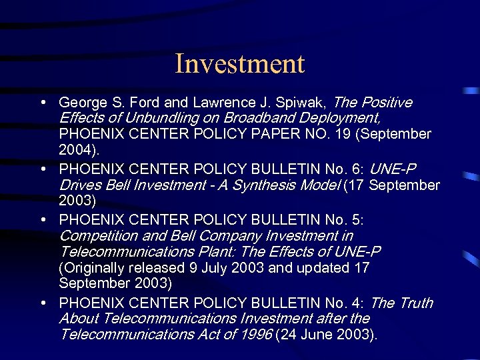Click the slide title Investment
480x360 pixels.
click(x=239, y=64)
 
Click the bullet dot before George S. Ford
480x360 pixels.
click(x=43, y=103)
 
